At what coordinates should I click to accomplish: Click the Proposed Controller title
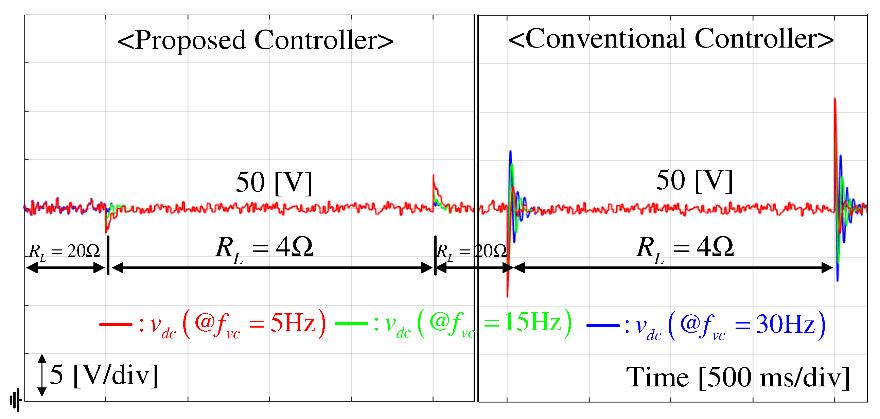(x=255, y=40)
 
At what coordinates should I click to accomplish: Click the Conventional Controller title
(x=671, y=39)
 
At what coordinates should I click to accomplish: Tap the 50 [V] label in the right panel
(x=694, y=180)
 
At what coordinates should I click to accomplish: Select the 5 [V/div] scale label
(x=104, y=375)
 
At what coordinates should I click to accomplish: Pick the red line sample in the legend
(x=116, y=324)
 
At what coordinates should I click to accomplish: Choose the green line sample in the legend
(x=351, y=323)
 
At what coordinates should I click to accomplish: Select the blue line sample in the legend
(x=603, y=325)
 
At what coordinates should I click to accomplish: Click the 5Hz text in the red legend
(x=293, y=323)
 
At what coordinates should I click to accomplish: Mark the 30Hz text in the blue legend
(x=786, y=324)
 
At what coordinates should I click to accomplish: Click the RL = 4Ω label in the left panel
(x=264, y=248)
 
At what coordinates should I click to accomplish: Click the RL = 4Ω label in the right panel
(x=685, y=248)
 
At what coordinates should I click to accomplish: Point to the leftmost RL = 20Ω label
(x=64, y=251)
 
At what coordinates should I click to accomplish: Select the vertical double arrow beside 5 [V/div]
(x=42, y=375)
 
